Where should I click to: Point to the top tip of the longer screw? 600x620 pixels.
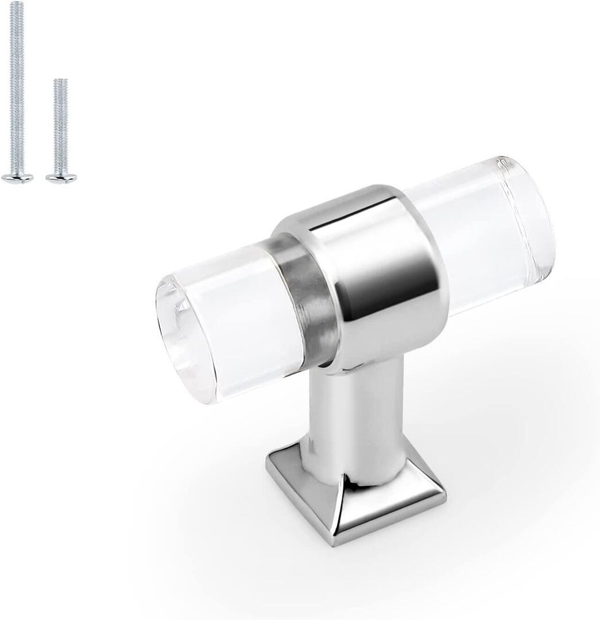click(x=17, y=3)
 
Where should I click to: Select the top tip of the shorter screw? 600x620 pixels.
click(x=61, y=81)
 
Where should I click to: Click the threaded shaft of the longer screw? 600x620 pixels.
click(x=17, y=86)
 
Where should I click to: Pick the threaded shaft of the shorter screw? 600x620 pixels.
click(x=61, y=126)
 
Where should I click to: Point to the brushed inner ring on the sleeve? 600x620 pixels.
click(x=310, y=304)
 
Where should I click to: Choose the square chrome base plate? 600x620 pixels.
click(x=356, y=499)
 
